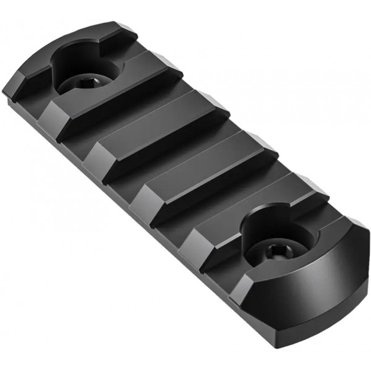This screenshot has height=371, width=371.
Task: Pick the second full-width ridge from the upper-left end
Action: coord(155,133)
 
